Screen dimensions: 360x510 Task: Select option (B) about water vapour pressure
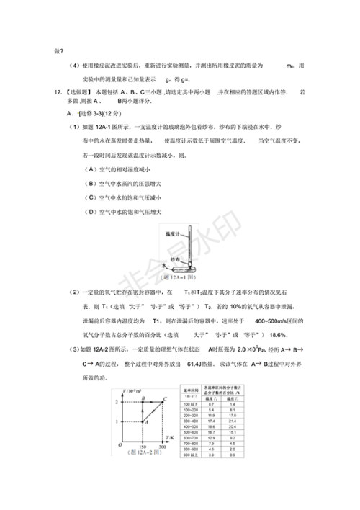(x=120, y=183)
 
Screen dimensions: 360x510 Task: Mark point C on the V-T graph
(x=166, y=398)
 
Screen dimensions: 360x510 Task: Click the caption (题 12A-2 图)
(x=143, y=461)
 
